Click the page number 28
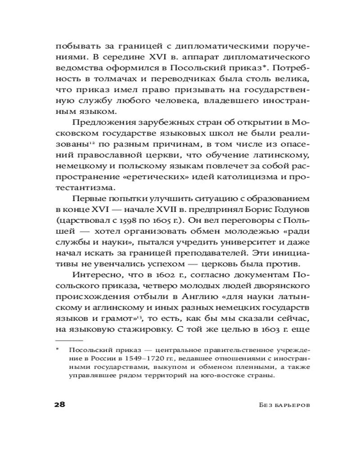[60, 404]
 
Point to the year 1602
[132, 275]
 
